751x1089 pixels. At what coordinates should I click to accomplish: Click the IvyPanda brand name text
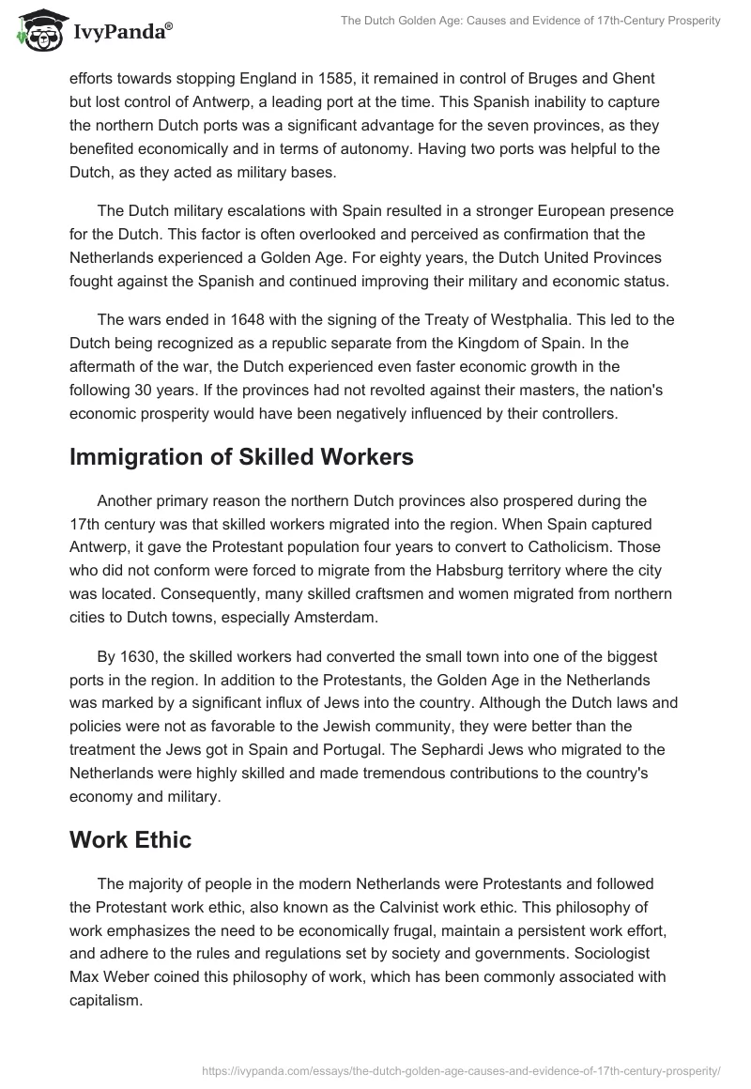point(121,33)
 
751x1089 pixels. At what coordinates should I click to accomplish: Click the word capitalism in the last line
point(106,1001)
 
